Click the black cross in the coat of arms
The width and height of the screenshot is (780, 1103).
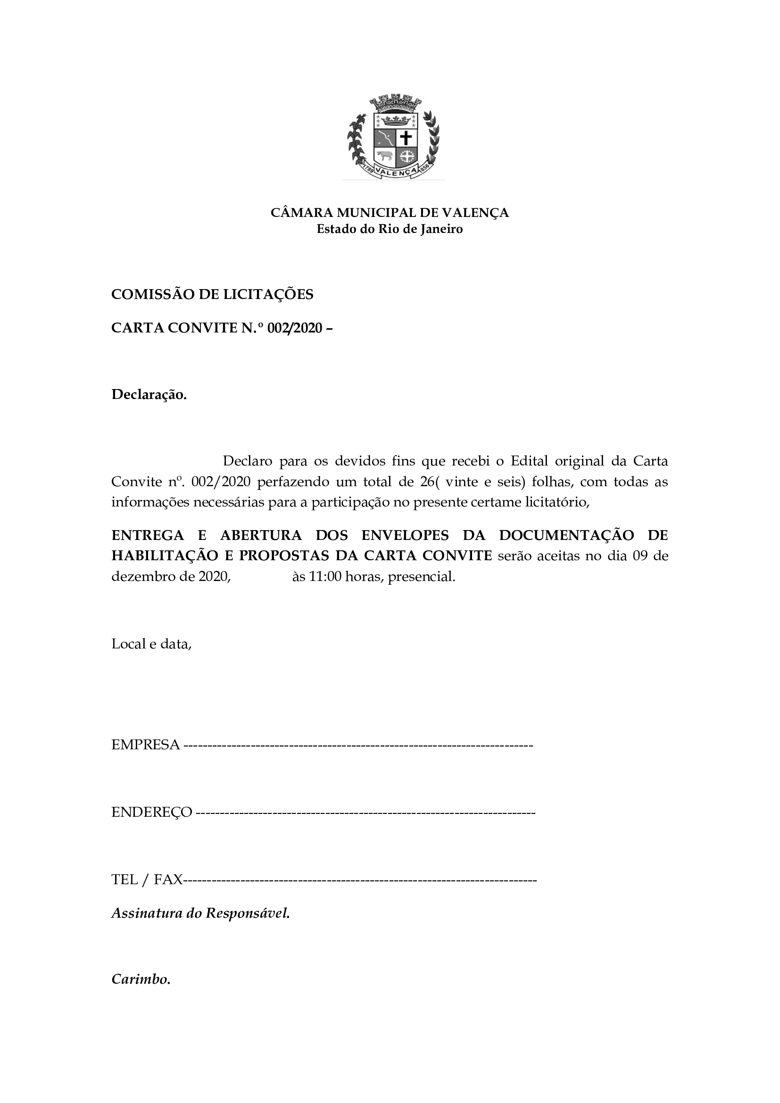click(406, 138)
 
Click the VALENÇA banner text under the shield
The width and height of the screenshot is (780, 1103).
click(394, 172)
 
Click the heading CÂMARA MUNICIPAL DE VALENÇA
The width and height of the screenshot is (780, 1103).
click(390, 212)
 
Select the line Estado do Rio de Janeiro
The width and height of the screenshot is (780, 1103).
click(390, 229)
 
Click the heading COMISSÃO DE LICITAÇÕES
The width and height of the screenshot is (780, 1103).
click(212, 294)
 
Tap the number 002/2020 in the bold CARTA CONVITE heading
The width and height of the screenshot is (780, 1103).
click(294, 328)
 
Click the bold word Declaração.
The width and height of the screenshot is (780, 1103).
click(149, 394)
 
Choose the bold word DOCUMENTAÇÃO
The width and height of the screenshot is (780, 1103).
click(567, 535)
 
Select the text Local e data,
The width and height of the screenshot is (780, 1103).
click(151, 644)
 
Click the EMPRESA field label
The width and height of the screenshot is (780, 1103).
click(146, 745)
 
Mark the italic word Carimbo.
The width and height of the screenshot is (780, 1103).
click(141, 979)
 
